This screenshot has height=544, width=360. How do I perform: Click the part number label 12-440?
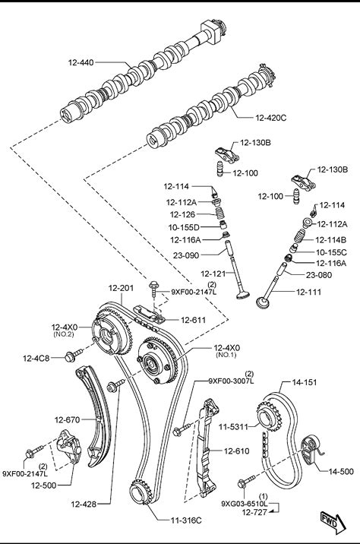[x=81, y=62]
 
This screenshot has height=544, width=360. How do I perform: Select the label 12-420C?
[x=271, y=118]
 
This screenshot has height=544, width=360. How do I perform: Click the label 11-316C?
[x=186, y=520]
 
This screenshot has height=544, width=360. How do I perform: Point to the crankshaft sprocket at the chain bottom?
[x=141, y=492]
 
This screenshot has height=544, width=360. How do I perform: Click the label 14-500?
[x=341, y=471]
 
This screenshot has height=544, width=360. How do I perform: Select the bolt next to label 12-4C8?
[x=74, y=355]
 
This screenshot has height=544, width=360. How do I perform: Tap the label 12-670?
[x=67, y=420]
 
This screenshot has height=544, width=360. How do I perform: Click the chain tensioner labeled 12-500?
[x=68, y=446]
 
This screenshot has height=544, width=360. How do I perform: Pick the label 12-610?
[x=236, y=451]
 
